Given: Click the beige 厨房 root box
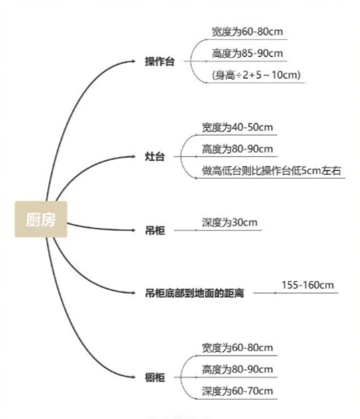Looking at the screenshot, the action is click(41, 219).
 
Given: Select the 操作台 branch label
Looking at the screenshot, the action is click(160, 62).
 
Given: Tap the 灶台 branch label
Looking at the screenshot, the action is click(155, 156).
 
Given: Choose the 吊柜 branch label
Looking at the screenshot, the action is click(155, 230).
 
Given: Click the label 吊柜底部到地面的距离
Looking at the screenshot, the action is click(194, 293).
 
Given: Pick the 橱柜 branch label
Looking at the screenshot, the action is click(155, 377).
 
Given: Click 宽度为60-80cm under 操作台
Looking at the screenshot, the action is click(247, 32).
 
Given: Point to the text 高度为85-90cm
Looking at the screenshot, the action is click(247, 53).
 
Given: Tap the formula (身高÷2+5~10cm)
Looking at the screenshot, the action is click(256, 75).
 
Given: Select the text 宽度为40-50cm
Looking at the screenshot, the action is click(237, 127).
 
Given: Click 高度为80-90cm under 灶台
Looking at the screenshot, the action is click(237, 149).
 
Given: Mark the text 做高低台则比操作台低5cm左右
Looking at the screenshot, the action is click(271, 170).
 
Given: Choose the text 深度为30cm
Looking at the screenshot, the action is click(230, 223).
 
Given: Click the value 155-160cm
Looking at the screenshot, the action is click(308, 285).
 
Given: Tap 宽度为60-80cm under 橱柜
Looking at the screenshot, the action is click(237, 348).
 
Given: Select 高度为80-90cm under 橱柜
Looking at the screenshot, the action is click(237, 370).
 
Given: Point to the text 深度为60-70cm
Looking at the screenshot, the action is click(237, 391).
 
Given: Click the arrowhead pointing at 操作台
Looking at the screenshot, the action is click(133, 62).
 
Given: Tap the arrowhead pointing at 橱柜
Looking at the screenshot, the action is click(133, 377).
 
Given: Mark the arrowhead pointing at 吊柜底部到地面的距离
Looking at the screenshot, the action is click(133, 293).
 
